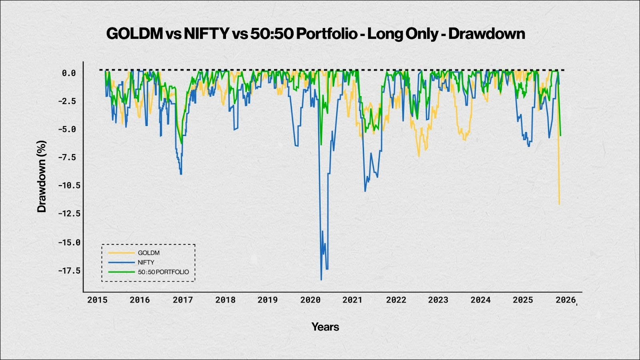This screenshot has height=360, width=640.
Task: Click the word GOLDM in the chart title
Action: coord(134,34)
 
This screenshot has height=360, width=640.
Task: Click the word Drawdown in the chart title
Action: coord(486,34)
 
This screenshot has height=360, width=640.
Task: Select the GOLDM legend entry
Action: coord(148,253)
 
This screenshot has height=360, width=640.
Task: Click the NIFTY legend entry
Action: coord(146,262)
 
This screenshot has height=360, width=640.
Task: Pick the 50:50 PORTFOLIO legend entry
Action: coord(163,272)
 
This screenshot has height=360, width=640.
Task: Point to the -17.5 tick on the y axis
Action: coord(69,271)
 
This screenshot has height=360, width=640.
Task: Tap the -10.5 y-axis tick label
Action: coord(69,185)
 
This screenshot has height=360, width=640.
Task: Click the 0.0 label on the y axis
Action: coord(68,73)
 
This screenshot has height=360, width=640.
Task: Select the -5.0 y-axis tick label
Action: coord(69,129)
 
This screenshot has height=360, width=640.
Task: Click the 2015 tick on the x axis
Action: coord(97,300)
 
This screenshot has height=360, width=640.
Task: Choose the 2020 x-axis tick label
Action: coord(310,300)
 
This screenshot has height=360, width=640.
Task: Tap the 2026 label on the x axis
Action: coord(566,300)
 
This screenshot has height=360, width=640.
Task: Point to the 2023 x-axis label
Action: coord(438,300)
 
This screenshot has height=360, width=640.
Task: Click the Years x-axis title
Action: coord(325,327)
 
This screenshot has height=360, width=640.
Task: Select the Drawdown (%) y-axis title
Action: coord(42,176)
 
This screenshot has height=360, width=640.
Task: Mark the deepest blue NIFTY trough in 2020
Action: coord(321,280)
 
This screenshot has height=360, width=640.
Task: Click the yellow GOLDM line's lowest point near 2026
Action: coord(559,204)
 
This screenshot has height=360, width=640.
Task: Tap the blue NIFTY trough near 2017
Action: coord(181,174)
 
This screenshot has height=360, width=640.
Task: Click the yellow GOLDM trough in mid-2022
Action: coord(419,156)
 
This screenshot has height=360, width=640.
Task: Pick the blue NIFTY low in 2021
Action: coord(365,191)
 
